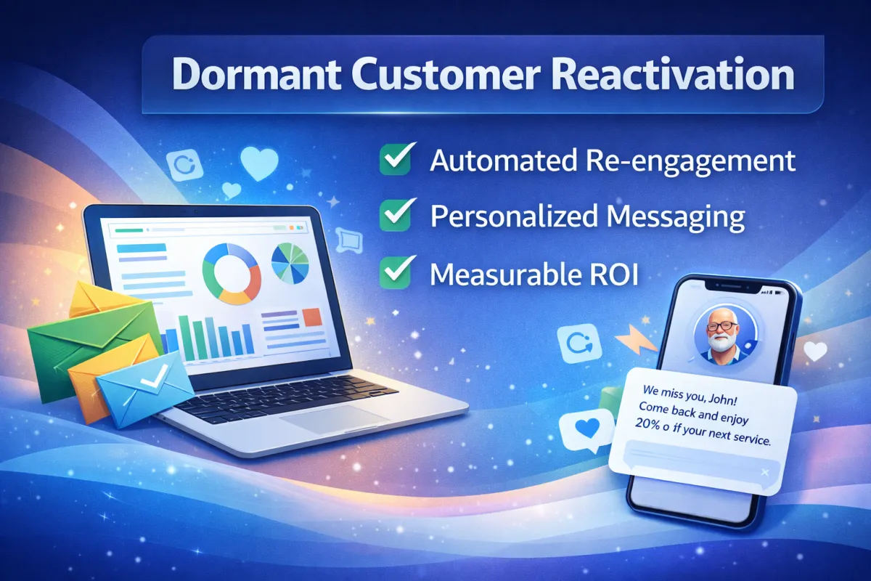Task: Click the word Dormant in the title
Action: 256,74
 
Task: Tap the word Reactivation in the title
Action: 672,74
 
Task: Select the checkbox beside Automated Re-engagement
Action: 396,159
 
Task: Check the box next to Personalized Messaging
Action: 396,215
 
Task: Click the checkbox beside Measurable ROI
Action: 396,272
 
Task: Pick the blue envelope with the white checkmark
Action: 145,389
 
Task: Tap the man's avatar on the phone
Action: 724,336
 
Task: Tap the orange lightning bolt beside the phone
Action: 636,340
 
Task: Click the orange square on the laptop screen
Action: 312,317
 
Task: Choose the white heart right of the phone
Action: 815,351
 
